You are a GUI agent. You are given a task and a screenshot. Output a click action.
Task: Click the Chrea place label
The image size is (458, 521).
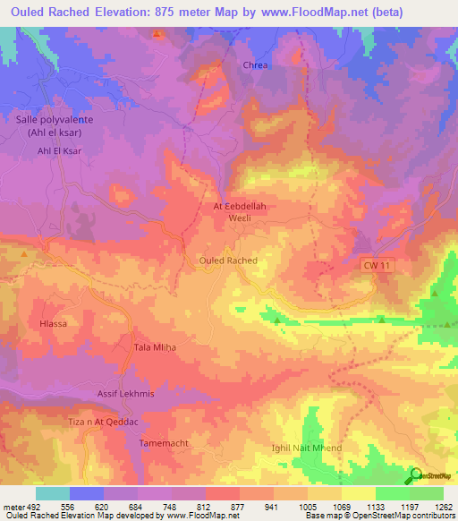pos(256,65)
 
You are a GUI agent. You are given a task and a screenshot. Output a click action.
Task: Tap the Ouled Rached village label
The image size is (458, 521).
pos(226,260)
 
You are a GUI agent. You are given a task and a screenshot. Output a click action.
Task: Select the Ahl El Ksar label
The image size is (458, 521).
pos(60,151)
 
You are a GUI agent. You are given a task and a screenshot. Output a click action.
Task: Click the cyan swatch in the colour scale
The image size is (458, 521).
pos(53,493)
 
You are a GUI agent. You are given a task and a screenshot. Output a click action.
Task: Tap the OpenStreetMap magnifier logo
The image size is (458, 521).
pos(416,475)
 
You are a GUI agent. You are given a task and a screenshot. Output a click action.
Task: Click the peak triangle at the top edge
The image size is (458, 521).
pos(157,34)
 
